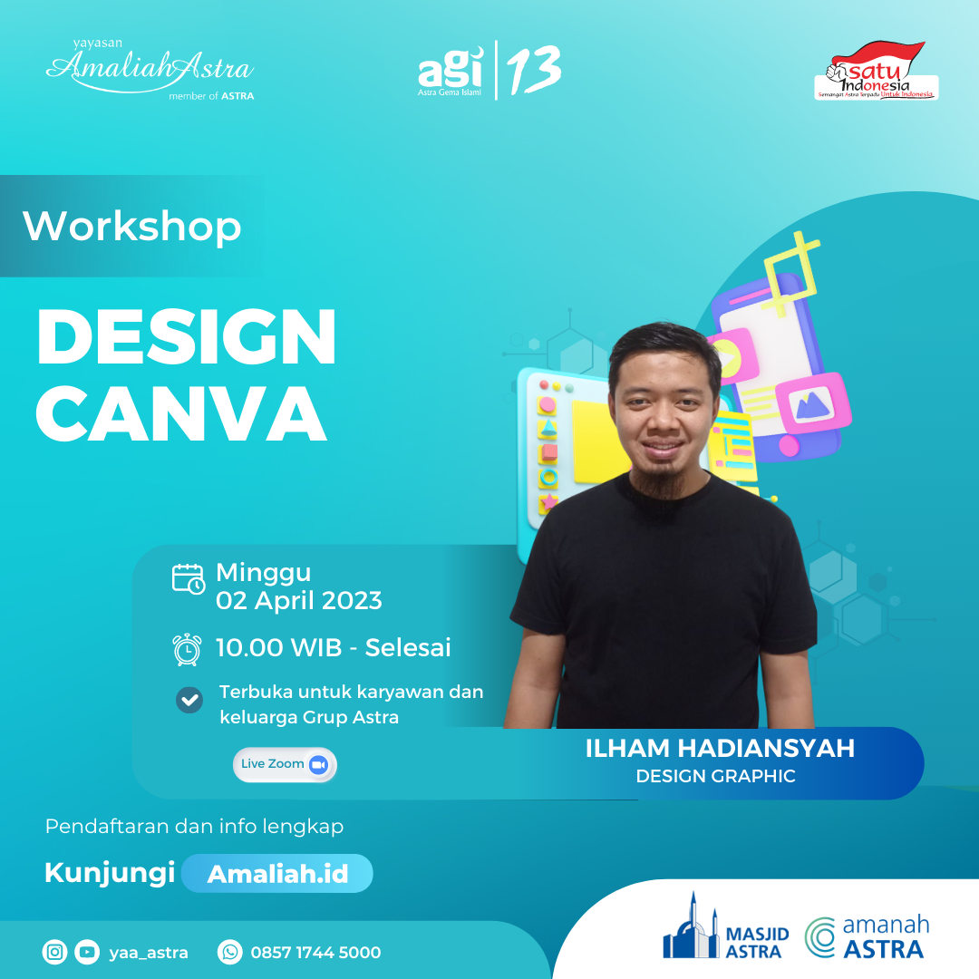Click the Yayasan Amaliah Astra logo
tap(150, 69)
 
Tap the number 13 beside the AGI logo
tap(534, 70)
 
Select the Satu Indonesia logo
tap(876, 72)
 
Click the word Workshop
tap(132, 226)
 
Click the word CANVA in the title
tap(181, 414)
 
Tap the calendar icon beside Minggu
tap(189, 578)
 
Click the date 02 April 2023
tap(298, 600)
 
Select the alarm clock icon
tap(187, 649)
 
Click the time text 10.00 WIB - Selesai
tap(333, 648)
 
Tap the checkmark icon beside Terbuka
tap(189, 700)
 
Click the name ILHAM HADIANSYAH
tap(720, 749)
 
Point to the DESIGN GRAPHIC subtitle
tap(715, 777)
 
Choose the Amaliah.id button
tap(276, 874)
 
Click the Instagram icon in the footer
tap(55, 952)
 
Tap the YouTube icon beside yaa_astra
tap(86, 952)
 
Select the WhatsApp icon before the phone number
tap(229, 952)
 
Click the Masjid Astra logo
tap(725, 929)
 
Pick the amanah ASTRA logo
tap(868, 937)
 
